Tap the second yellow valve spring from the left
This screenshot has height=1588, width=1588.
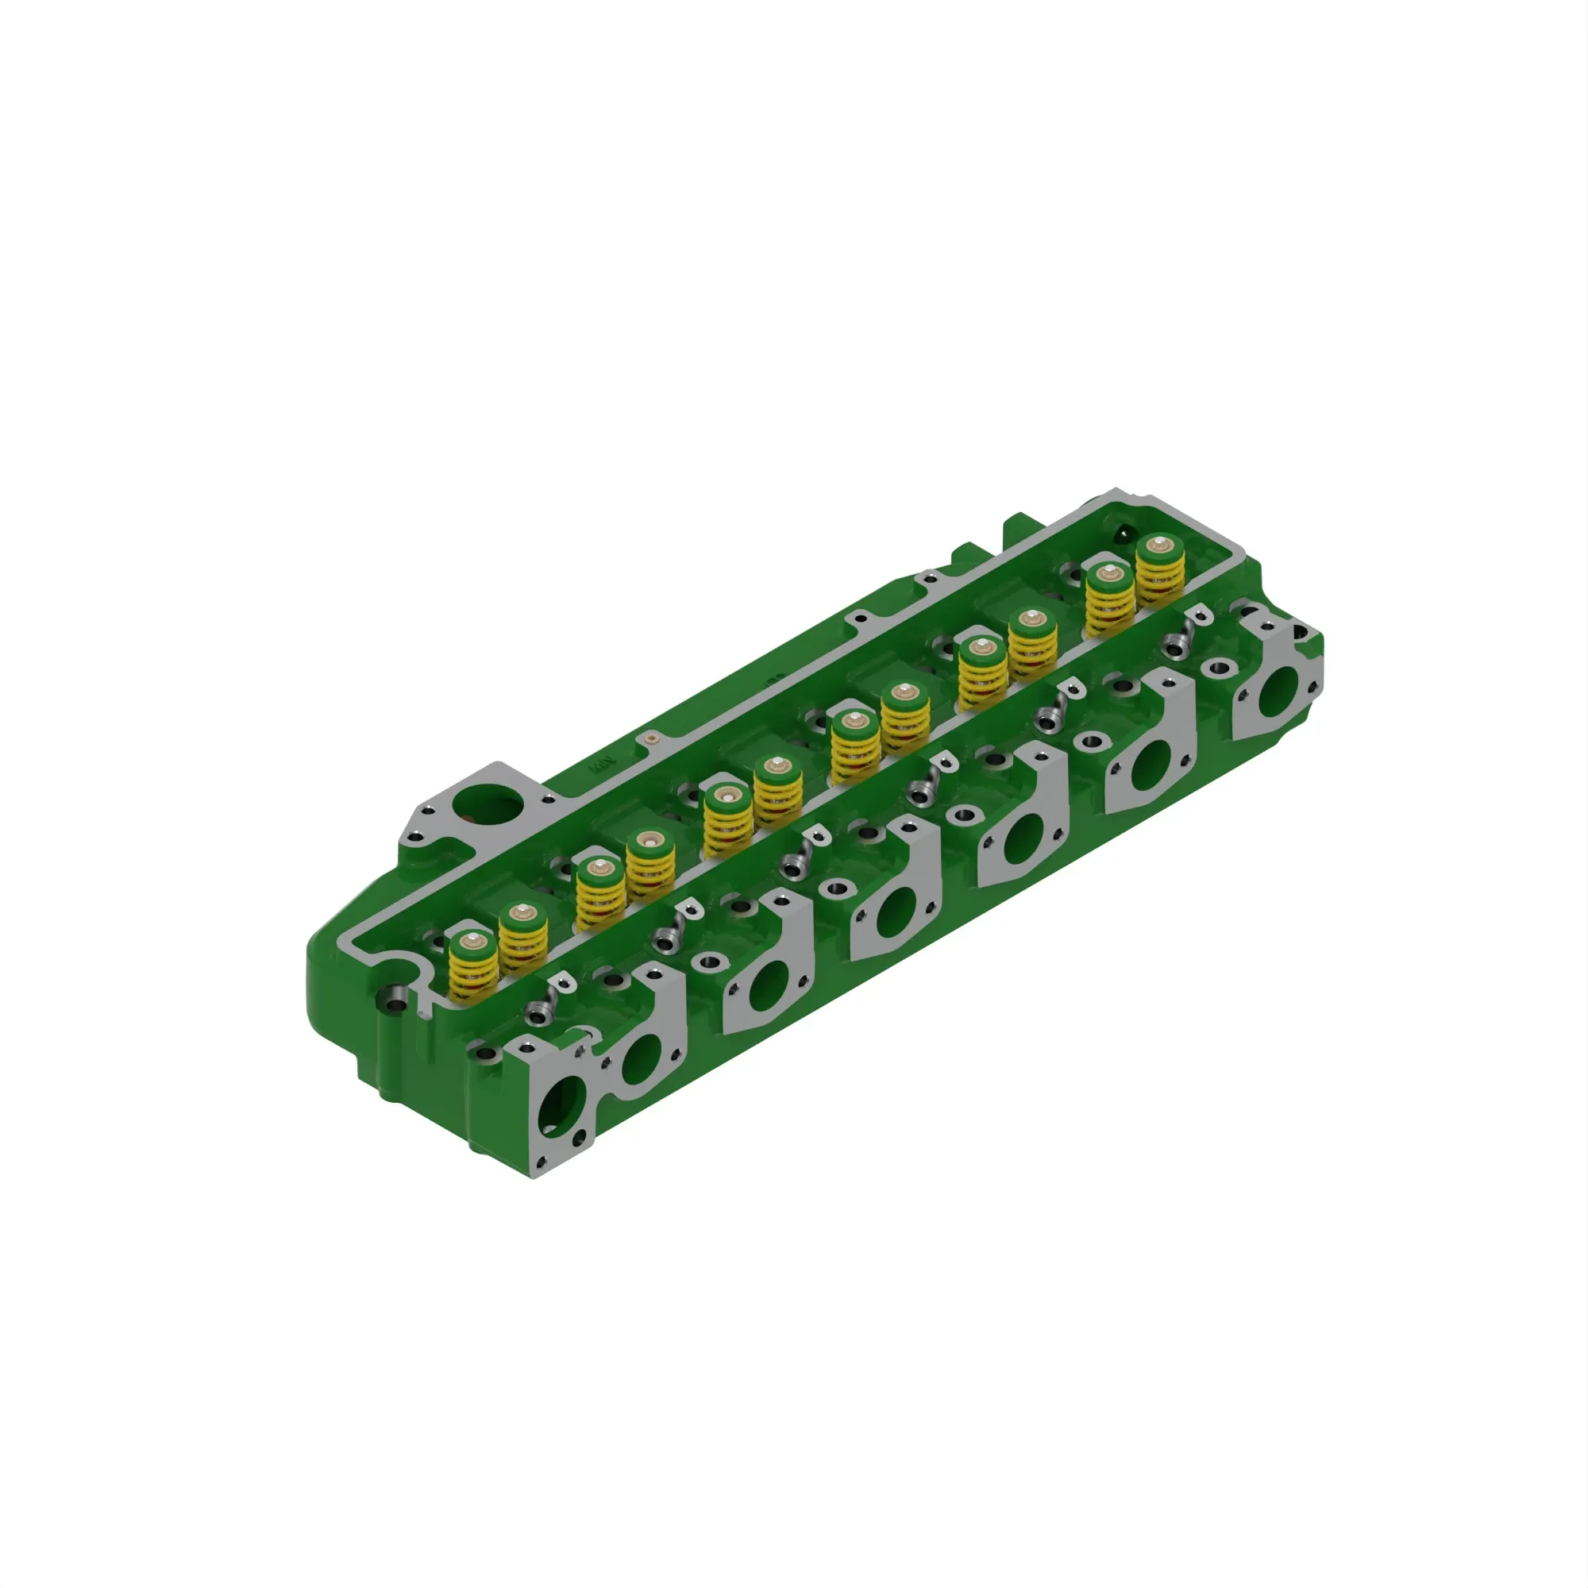[523, 945]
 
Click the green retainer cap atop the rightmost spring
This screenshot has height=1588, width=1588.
[1159, 545]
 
